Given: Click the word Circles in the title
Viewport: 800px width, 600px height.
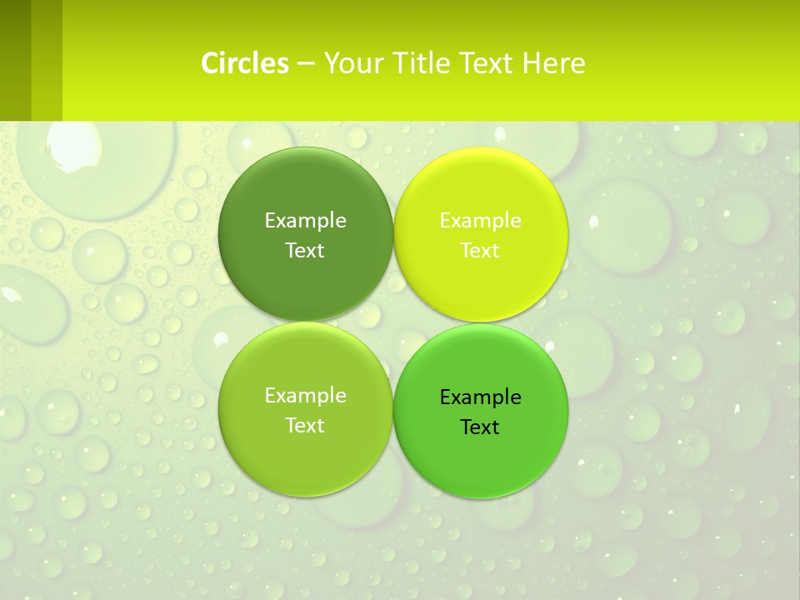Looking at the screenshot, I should click(245, 62).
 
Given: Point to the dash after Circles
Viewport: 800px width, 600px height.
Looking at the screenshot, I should click(306, 63).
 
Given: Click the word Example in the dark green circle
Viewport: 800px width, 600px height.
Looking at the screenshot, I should click(305, 220).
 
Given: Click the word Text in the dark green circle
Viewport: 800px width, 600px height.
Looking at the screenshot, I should click(305, 250).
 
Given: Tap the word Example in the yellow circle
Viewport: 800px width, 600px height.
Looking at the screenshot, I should click(480, 220).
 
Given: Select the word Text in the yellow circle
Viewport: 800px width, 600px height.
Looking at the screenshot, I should click(480, 250).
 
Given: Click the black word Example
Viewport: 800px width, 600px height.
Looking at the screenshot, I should click(480, 397).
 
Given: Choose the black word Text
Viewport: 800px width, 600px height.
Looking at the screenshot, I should click(480, 427).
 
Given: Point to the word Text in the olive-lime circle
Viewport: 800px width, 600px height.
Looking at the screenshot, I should click(305, 425).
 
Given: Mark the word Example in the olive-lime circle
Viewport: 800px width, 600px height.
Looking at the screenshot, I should click(305, 395).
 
